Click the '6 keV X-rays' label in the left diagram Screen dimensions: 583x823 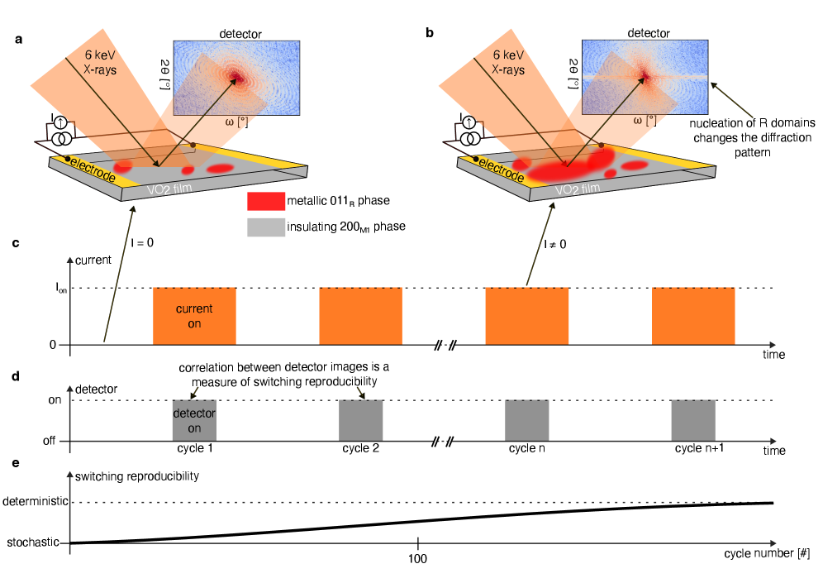(101, 62)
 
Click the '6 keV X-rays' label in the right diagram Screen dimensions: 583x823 (509, 62)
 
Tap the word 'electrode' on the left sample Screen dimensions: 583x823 (93, 168)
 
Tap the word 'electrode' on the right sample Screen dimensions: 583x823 (501, 169)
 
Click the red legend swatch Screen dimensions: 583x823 (266, 201)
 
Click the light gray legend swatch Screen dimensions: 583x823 (266, 227)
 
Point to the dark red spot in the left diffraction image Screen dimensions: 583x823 (238, 78)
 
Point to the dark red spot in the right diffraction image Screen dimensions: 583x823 (645, 78)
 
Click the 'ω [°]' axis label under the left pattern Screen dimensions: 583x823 (236, 122)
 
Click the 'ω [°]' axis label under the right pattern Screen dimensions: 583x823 (645, 121)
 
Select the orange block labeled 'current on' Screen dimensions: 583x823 (194, 316)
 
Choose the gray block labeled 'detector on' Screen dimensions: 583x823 (194, 420)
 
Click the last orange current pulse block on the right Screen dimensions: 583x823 (693, 316)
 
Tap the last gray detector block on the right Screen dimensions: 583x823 (693, 420)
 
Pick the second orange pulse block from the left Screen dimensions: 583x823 (360, 316)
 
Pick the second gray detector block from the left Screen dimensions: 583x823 (361, 420)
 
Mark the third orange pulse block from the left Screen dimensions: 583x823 (527, 316)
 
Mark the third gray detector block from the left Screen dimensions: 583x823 (527, 420)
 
